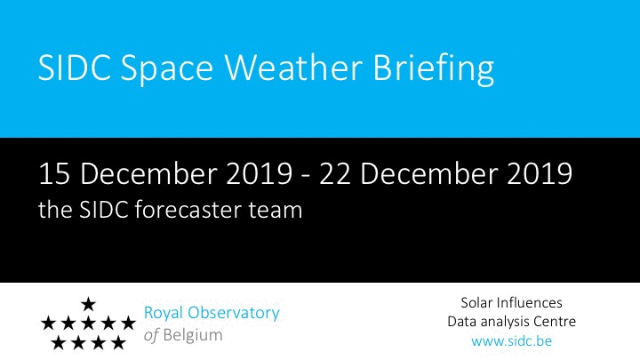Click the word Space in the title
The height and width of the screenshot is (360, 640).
167,68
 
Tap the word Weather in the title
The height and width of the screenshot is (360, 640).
293,67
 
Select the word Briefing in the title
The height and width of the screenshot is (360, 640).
433,69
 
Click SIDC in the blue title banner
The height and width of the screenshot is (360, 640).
75,67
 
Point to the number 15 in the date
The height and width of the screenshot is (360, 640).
54,174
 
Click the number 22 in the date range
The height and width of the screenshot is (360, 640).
334,174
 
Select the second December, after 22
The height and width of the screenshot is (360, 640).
428,173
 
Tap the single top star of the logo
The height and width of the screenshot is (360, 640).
88,304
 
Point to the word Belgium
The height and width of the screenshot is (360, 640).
193,336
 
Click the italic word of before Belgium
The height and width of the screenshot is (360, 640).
151,336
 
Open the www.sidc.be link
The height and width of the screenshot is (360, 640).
511,341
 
